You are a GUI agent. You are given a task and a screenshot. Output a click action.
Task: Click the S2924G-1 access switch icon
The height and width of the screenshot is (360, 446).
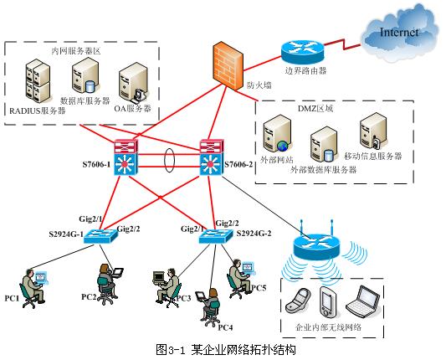pyautogui.click(x=105, y=236)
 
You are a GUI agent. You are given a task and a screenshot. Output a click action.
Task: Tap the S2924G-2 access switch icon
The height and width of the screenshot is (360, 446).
pyautogui.click(x=216, y=237)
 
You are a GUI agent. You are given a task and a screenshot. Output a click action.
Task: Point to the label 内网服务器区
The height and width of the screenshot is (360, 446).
pyautogui.click(x=76, y=50)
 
